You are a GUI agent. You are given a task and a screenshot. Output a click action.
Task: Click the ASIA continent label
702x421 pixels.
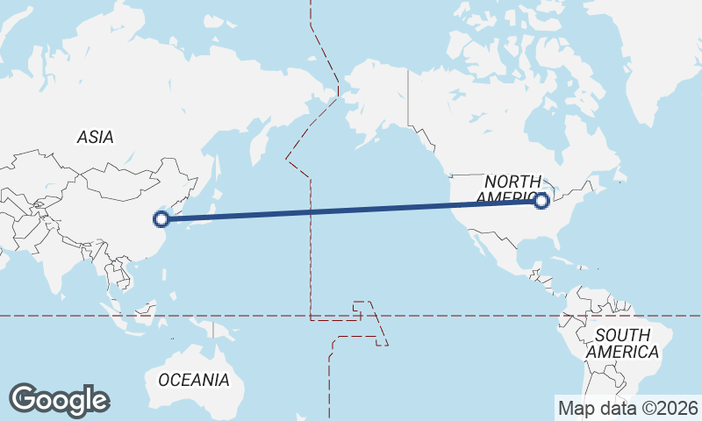(x=96, y=137)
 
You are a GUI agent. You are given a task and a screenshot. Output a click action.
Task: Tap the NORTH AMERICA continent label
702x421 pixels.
(x=512, y=188)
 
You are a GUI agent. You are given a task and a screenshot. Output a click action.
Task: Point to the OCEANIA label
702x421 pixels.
(x=194, y=380)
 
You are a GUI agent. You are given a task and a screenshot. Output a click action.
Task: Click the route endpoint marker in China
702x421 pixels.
(x=161, y=219)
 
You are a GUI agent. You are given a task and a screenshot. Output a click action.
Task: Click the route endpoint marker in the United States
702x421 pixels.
(x=541, y=201)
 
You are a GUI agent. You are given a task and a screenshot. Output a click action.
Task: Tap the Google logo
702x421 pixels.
(x=59, y=400)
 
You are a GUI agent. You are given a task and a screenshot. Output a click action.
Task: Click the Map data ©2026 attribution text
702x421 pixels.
(x=628, y=408)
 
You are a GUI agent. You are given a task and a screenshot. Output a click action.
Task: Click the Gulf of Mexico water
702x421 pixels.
(x=513, y=250)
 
